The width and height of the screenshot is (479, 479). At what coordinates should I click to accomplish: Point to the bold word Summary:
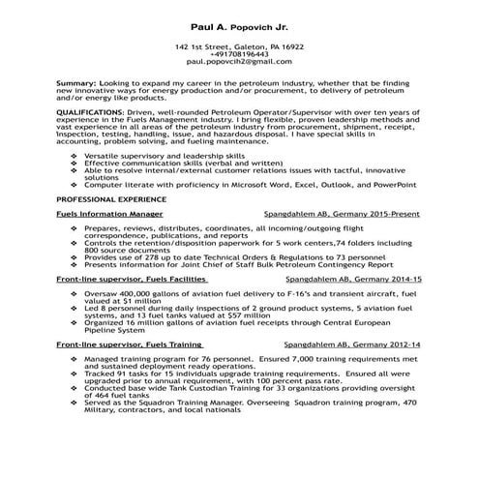coord(77,84)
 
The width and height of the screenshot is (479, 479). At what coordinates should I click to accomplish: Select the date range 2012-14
coord(404,344)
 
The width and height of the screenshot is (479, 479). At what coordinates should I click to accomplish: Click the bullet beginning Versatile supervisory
coord(165,155)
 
